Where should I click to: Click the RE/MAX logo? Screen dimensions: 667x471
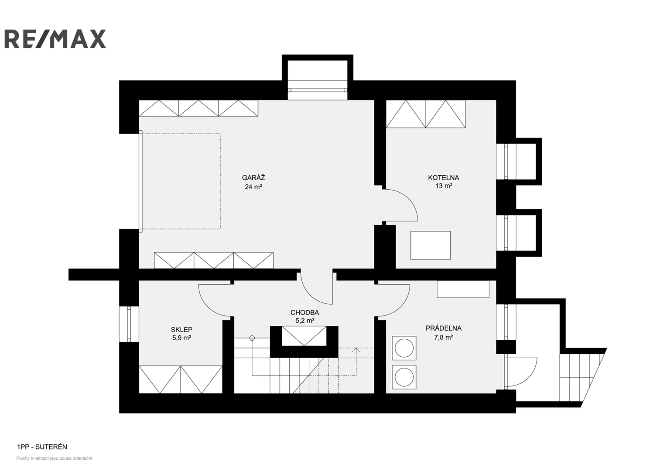pyautogui.click(x=55, y=39)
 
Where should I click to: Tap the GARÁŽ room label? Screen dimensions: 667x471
pyautogui.click(x=253, y=177)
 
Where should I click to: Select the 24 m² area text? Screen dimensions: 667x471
pyautogui.click(x=253, y=187)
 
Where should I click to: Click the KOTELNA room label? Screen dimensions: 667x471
pyautogui.click(x=443, y=178)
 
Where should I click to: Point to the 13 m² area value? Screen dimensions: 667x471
pyautogui.click(x=444, y=186)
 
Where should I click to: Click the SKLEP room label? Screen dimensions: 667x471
pyautogui.click(x=181, y=330)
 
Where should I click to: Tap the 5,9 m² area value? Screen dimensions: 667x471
pyautogui.click(x=181, y=338)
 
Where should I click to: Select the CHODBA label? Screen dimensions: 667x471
pyautogui.click(x=304, y=313)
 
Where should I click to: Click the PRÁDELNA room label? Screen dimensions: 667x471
pyautogui.click(x=443, y=328)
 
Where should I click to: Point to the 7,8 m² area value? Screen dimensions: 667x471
pyautogui.click(x=444, y=337)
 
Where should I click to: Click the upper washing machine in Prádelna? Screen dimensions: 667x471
pyautogui.click(x=404, y=348)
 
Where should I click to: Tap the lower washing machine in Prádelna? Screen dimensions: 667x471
pyautogui.click(x=404, y=377)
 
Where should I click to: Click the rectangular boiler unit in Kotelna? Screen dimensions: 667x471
pyautogui.click(x=430, y=246)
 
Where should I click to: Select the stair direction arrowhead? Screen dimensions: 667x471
pyautogui.click(x=356, y=350)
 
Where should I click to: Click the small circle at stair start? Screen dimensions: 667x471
pyautogui.click(x=252, y=338)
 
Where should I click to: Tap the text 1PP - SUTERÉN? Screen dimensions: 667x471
pyautogui.click(x=42, y=447)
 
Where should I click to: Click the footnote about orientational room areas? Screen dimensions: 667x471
pyautogui.click(x=54, y=458)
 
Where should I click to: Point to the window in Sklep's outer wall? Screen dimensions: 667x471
pyautogui.click(x=129, y=324)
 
